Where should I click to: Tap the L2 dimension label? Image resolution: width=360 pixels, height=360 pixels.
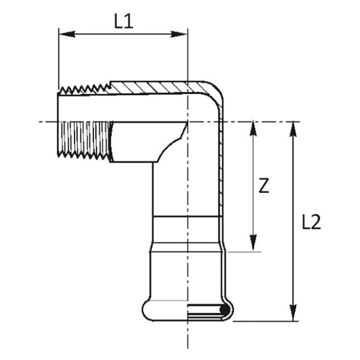pyautogui.click(x=311, y=222)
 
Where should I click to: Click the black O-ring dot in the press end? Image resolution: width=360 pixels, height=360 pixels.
pyautogui.click(x=223, y=310)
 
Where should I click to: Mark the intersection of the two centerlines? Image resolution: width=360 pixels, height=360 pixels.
pyautogui.click(x=187, y=122)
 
